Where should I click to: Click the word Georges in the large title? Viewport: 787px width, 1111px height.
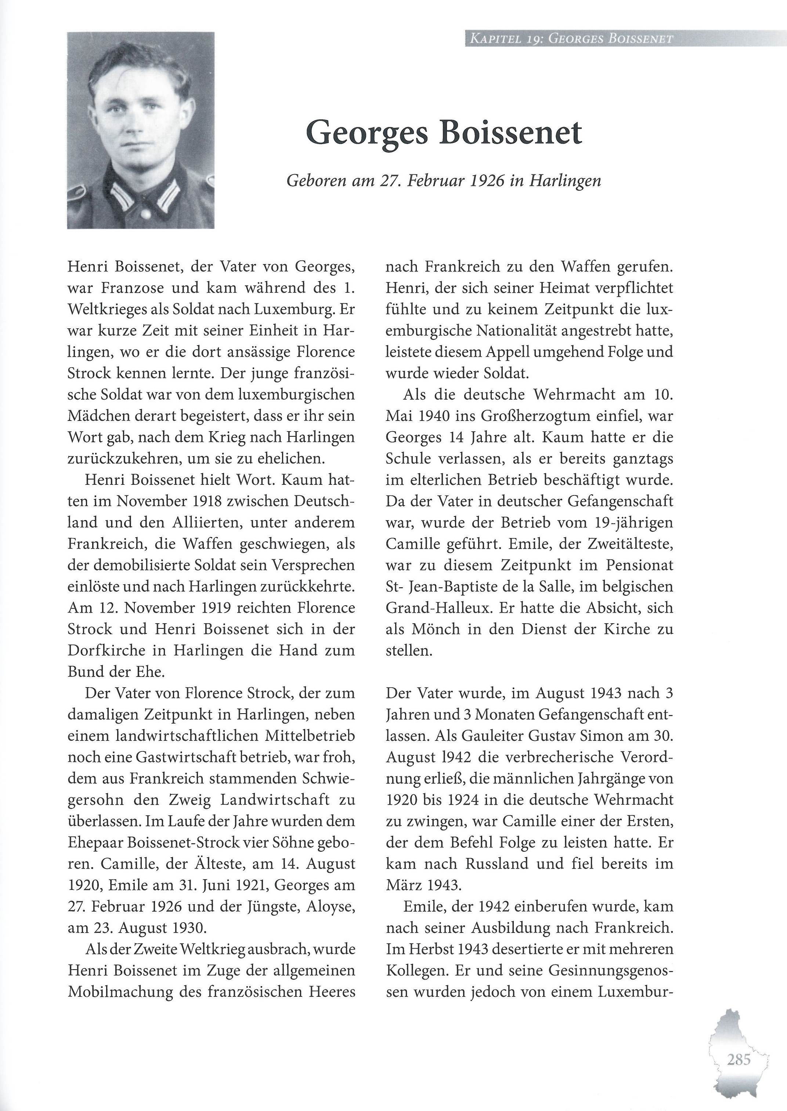pos(367,133)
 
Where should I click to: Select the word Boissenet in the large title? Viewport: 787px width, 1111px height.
pos(510,133)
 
